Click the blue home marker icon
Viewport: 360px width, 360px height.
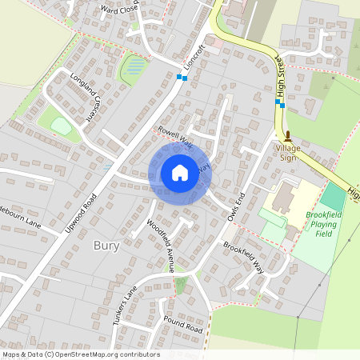click(x=180, y=173)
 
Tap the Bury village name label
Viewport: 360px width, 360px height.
click(x=106, y=246)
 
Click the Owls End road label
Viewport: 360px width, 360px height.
click(x=234, y=206)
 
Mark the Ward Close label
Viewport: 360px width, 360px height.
click(x=120, y=10)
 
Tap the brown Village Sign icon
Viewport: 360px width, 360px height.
click(x=288, y=137)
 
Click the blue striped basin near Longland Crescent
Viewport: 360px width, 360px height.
click(x=135, y=67)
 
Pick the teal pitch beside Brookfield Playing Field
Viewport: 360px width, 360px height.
click(x=332, y=197)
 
